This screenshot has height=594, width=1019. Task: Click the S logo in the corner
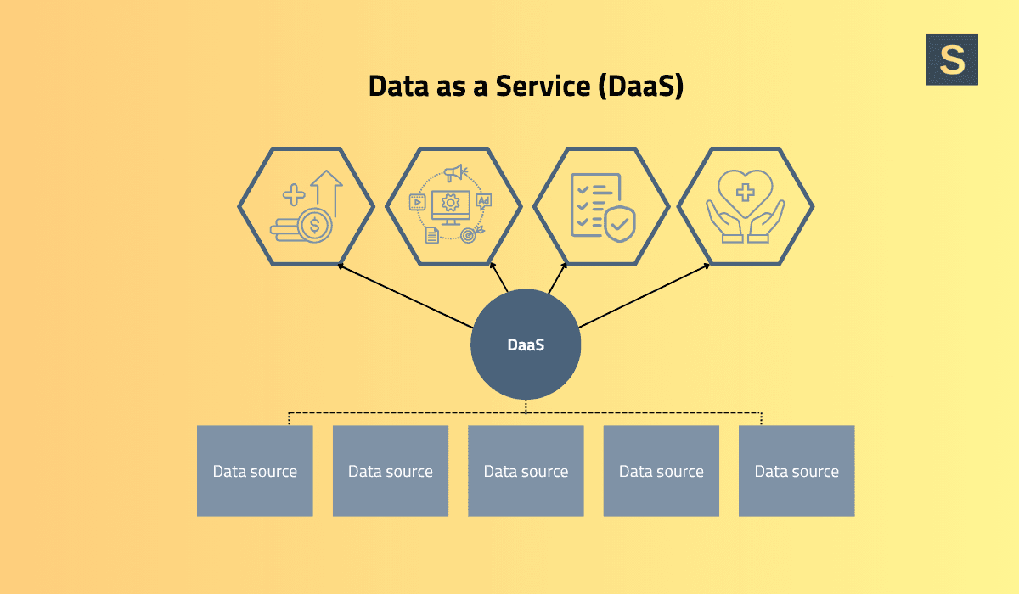click(952, 59)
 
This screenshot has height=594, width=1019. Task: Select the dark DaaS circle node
click(526, 345)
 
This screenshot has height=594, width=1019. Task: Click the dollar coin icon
click(315, 225)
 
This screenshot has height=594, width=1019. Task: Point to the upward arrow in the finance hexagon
click(327, 191)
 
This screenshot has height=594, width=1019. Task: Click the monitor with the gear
click(450, 205)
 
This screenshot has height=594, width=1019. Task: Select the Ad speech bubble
click(483, 202)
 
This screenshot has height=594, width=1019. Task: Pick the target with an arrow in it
click(468, 234)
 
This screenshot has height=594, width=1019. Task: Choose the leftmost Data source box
click(255, 471)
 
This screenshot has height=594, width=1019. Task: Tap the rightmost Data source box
click(797, 471)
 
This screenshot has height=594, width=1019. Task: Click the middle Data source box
click(526, 471)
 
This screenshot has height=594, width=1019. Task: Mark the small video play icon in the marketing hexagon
click(417, 202)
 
